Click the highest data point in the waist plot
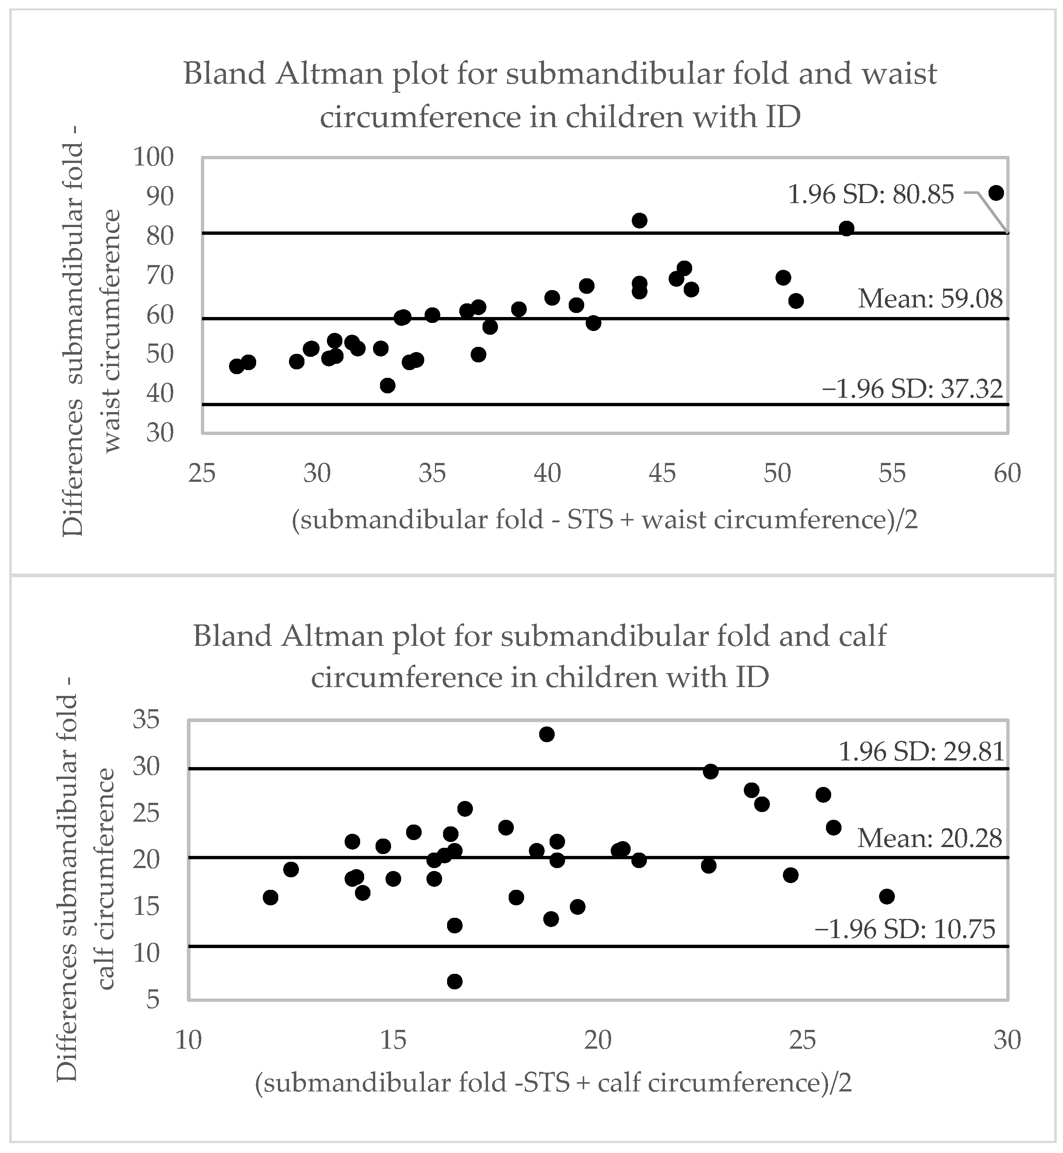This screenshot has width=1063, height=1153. tap(996, 193)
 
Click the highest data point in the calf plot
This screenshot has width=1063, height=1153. tap(547, 734)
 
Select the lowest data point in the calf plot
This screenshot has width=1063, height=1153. tap(454, 982)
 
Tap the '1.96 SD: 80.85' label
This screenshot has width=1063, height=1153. tap(870, 195)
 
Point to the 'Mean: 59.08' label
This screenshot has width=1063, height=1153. tap(930, 299)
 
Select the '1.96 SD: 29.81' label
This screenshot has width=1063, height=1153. tap(921, 752)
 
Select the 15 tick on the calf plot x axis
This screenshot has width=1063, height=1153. tap(393, 1040)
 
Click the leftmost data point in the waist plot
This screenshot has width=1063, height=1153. tap(236, 366)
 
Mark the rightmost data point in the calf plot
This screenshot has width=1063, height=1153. tap(887, 896)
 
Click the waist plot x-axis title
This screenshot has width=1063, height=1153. tap(604, 519)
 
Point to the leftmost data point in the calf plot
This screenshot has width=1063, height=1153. tap(270, 898)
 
